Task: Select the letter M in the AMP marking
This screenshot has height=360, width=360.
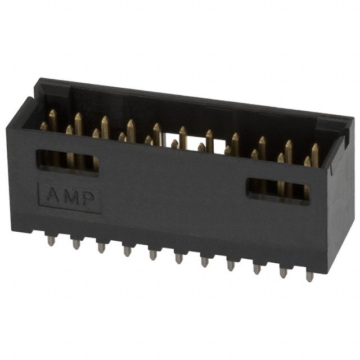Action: click(x=70, y=197)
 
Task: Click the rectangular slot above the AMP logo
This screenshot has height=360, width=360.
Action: click(x=67, y=162)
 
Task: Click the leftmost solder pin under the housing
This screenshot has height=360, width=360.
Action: click(x=51, y=240)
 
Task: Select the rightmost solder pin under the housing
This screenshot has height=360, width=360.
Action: click(x=309, y=276)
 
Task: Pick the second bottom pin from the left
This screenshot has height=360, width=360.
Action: click(x=76, y=244)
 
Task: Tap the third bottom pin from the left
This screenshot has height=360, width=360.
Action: click(x=102, y=247)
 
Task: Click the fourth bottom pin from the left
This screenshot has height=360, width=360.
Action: click(x=127, y=251)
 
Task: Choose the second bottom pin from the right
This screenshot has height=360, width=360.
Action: click(x=283, y=272)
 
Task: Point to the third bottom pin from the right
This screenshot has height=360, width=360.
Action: click(x=257, y=268)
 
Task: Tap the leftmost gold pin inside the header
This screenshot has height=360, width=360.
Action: click(x=44, y=127)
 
